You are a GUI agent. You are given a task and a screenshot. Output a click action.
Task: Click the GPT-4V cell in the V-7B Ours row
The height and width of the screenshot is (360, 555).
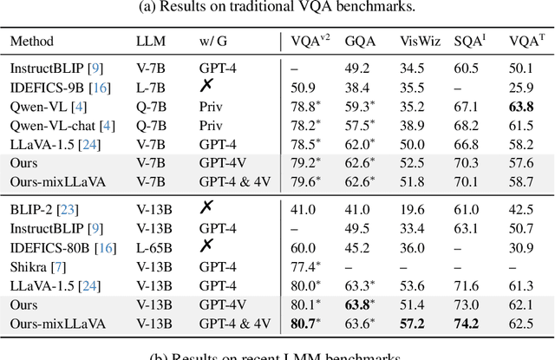pos(218,162)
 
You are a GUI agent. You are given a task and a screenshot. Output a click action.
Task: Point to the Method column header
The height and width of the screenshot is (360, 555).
pos(32,41)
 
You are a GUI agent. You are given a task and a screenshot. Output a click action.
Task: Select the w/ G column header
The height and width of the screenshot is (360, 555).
pos(212,41)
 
